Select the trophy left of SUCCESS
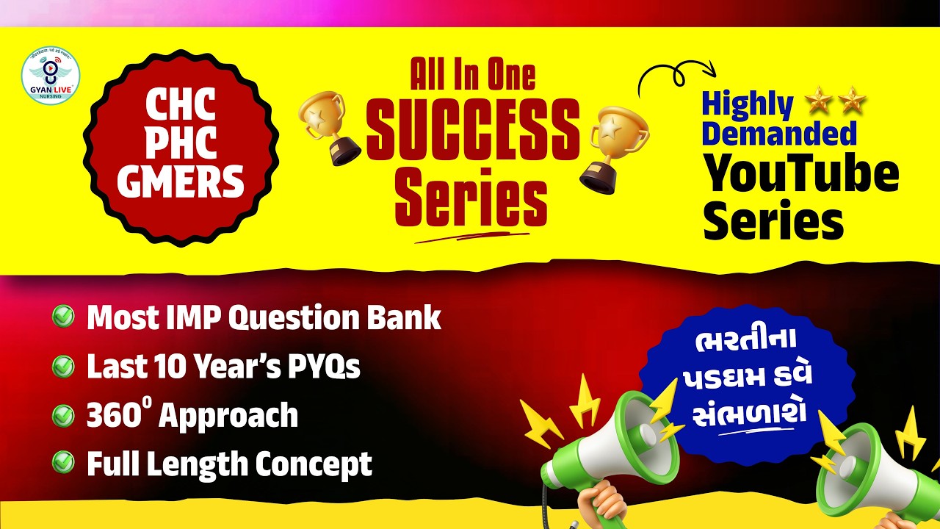coord(329,129)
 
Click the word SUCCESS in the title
coord(473,129)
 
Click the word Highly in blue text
coord(747,106)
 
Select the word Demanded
coord(779,134)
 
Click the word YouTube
coord(801,175)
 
